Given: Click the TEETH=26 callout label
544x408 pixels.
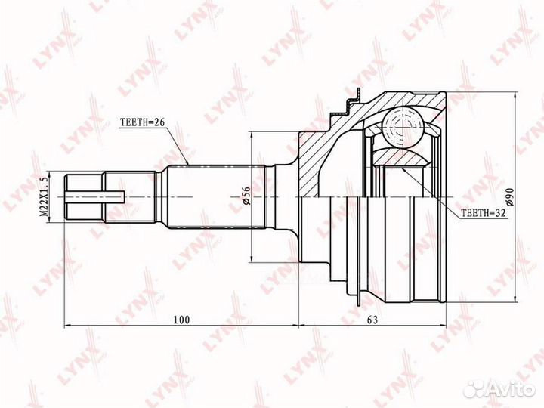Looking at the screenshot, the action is tap(141, 123).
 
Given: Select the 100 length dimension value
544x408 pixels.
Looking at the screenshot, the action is tap(182, 320).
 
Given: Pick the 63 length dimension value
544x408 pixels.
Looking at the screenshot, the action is tap(372, 320).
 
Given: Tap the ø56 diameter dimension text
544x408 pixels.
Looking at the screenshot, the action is tap(246, 196).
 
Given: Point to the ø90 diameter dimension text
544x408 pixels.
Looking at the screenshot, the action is tap(509, 197).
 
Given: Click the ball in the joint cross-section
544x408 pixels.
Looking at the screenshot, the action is tap(403, 128).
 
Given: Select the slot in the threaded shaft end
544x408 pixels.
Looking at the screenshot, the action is tap(94, 196).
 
